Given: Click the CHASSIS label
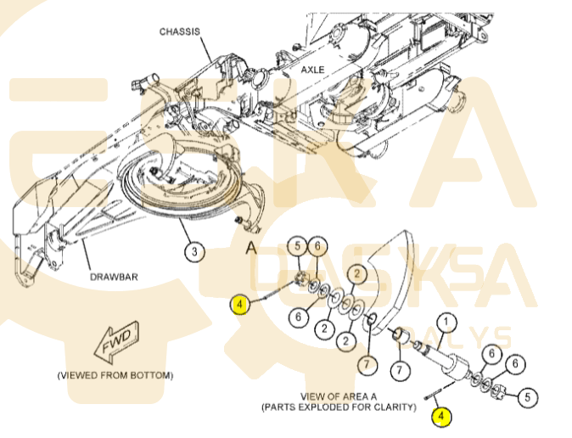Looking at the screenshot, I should pos(180,31).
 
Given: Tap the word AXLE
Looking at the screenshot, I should pos(311,70).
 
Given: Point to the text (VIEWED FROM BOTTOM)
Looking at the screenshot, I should pos(115,375).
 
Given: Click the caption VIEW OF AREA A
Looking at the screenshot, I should pos(337,396).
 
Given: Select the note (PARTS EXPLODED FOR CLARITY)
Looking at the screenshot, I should pos(339,407).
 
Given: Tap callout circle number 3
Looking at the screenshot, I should pos(194,252).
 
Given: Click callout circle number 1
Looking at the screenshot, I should pos(446,323).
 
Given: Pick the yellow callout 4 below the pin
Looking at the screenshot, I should pos(440,416).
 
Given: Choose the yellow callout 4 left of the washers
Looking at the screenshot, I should pos(240,303).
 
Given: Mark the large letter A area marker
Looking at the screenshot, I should pos(250,247).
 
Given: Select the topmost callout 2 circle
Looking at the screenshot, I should pos(357,273).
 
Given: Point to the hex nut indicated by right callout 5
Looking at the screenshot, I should pos(501,391).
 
